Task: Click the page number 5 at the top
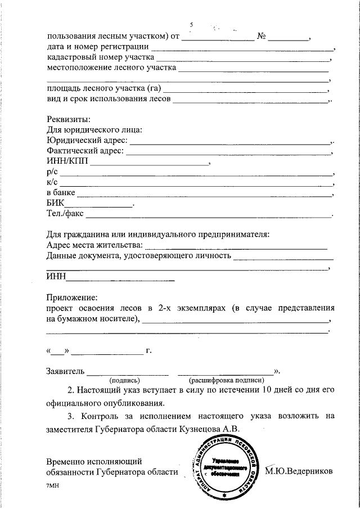point(192,25)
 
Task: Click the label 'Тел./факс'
point(65,214)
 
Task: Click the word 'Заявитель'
point(65,371)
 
